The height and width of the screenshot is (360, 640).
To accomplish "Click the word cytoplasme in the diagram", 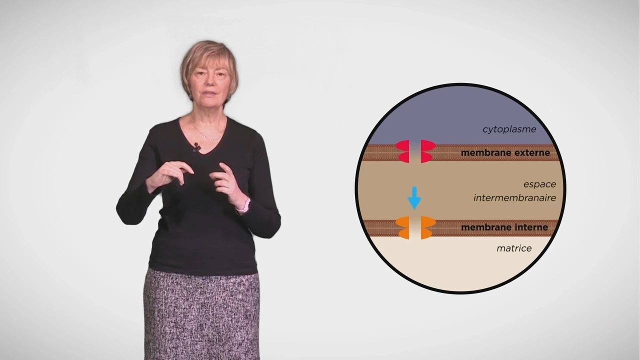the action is pyautogui.click(x=509, y=129).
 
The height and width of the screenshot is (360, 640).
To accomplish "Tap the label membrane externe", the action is pyautogui.click(x=505, y=153).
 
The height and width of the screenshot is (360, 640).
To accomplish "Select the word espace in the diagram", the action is pyautogui.click(x=539, y=184).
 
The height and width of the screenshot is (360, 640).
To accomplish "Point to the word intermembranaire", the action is pyautogui.click(x=514, y=198).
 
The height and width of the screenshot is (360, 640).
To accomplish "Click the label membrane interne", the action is pyautogui.click(x=504, y=227).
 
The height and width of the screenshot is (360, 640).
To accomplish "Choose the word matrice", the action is pyautogui.click(x=513, y=248).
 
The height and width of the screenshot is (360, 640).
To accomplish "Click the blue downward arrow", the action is pyautogui.click(x=414, y=198).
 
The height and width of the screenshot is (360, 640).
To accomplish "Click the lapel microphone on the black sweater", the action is pyautogui.click(x=196, y=147).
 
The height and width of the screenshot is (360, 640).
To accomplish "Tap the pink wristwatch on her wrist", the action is pyautogui.click(x=245, y=205).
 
